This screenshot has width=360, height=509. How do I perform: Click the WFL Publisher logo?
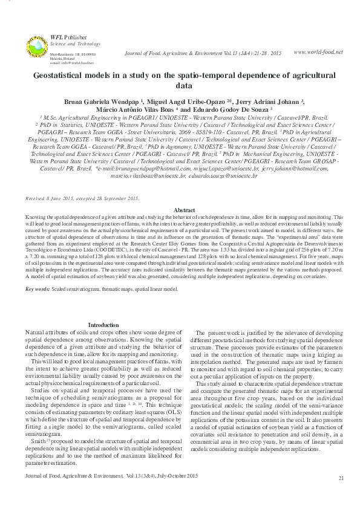coord(36,45)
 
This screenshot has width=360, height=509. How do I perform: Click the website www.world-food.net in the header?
coord(318,52)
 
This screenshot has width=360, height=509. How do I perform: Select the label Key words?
coord(38,290)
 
